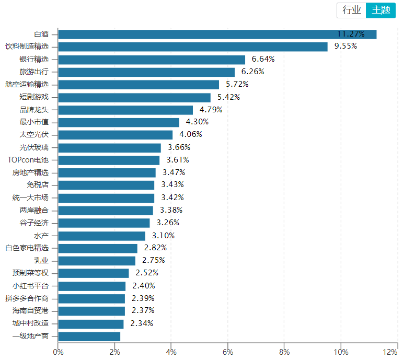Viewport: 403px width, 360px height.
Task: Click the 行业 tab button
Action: pyautogui.click(x=352, y=10)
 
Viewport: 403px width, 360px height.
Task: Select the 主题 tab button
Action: pyautogui.click(x=381, y=10)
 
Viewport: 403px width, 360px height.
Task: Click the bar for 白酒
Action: pyautogui.click(x=217, y=34)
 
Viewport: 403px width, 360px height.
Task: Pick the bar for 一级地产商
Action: pyautogui.click(x=89, y=336)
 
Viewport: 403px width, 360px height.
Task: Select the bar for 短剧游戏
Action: pyautogui.click(x=134, y=97)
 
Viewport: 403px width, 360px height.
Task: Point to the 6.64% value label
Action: pyautogui.click(x=263, y=59)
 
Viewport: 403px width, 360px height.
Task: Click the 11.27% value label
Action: pyautogui.click(x=350, y=34)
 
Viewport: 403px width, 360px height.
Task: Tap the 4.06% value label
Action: pyautogui.click(x=191, y=135)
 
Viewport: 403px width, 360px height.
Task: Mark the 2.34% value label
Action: pyautogui.click(x=142, y=323)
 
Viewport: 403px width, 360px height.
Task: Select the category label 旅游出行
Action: pyautogui.click(x=34, y=72)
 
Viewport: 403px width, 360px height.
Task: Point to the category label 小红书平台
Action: pyautogui.click(x=30, y=286)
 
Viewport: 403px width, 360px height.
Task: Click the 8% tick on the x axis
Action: pyautogui.click(x=284, y=352)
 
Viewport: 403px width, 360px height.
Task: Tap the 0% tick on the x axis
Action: pyautogui.click(x=58, y=352)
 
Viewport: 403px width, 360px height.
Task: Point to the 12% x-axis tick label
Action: pyautogui.click(x=390, y=352)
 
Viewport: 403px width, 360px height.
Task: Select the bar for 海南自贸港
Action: pyautogui.click(x=91, y=311)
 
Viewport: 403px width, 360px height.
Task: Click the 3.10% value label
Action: pyautogui.click(x=164, y=236)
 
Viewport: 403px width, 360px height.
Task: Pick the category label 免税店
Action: pyautogui.click(x=38, y=185)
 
